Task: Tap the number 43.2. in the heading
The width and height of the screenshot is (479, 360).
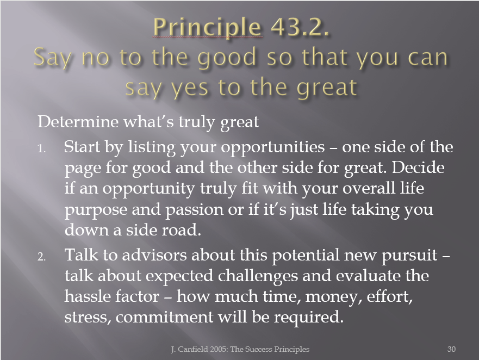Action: [300, 27]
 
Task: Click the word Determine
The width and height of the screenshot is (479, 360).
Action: [78, 121]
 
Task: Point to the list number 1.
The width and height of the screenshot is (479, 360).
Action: [42, 148]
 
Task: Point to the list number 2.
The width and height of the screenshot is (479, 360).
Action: [42, 257]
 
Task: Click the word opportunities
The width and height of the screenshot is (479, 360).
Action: [273, 148]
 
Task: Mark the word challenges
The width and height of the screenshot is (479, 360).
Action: [258, 276]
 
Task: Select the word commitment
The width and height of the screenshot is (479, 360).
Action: [165, 317]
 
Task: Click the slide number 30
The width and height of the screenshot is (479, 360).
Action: [451, 349]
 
